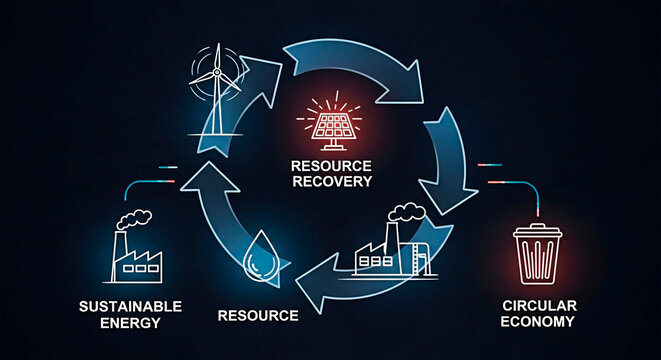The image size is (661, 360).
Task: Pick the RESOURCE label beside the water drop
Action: [258, 316]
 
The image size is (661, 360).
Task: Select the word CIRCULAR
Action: [538, 304]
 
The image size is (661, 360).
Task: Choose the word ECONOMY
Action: [538, 321]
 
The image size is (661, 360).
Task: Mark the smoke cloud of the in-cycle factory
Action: [406, 213]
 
